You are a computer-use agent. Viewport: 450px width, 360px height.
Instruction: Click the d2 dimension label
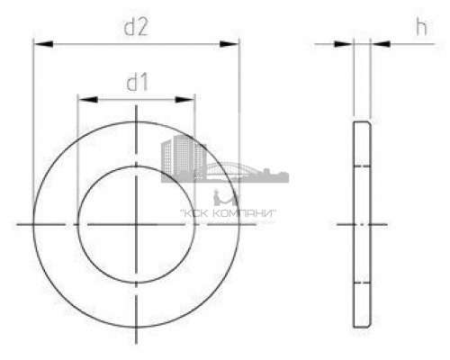click(x=136, y=28)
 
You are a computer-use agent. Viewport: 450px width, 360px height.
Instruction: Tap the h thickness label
click(x=420, y=28)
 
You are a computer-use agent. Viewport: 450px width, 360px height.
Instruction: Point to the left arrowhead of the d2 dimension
click(x=37, y=43)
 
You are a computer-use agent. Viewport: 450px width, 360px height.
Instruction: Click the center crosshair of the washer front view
click(x=136, y=221)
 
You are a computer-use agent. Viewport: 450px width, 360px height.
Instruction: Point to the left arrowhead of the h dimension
click(x=347, y=43)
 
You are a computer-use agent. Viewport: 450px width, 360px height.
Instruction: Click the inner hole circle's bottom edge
click(x=136, y=280)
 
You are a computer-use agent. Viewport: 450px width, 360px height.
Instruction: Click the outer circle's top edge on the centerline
click(x=136, y=118)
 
